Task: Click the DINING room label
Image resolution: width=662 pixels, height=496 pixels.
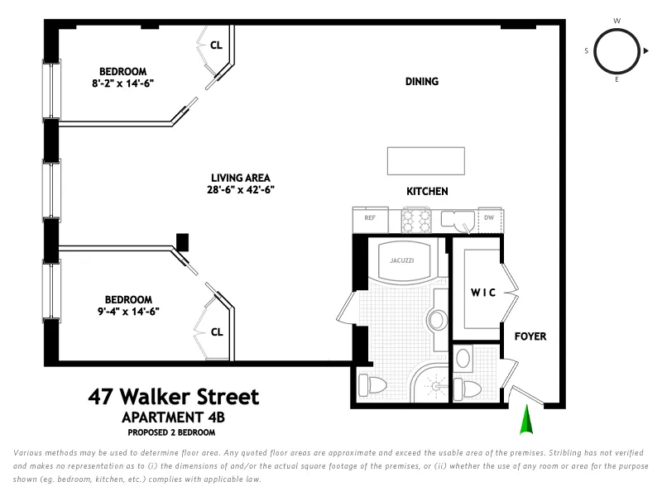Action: pyautogui.click(x=421, y=82)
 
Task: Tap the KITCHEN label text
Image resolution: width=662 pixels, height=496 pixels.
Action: pyautogui.click(x=427, y=191)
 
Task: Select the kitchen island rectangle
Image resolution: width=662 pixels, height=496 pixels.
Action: pyautogui.click(x=426, y=160)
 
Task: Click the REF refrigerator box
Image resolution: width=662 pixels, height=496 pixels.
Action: pyautogui.click(x=370, y=218)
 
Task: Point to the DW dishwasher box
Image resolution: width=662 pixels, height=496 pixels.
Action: pyautogui.click(x=489, y=218)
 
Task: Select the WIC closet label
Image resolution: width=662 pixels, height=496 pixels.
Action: pyautogui.click(x=483, y=293)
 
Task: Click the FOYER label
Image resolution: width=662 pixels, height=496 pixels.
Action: pyautogui.click(x=530, y=336)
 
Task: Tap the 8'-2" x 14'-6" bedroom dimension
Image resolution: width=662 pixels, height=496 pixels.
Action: pyautogui.click(x=123, y=83)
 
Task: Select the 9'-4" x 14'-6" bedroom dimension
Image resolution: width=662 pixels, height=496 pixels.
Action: pyautogui.click(x=127, y=312)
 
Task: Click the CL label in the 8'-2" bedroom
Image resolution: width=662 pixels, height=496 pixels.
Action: pyautogui.click(x=216, y=46)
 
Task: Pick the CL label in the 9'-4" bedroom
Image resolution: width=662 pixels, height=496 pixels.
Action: pyautogui.click(x=217, y=332)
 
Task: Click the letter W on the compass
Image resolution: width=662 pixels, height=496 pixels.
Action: pyautogui.click(x=616, y=21)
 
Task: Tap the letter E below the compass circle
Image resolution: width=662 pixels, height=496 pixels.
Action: pyautogui.click(x=616, y=80)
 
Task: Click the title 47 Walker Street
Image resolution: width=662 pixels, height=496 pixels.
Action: pyautogui.click(x=173, y=397)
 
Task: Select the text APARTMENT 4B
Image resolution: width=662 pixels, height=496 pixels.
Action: pyautogui.click(x=173, y=417)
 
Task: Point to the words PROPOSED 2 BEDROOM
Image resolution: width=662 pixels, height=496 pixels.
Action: pyautogui.click(x=171, y=432)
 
